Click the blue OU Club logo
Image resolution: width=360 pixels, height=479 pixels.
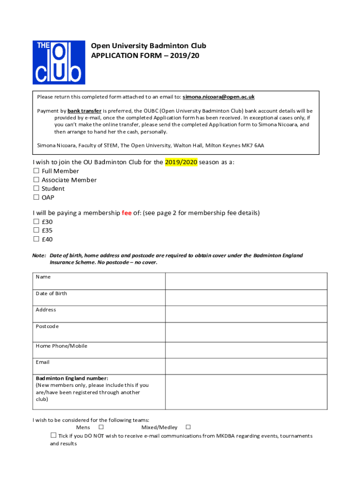(58, 62)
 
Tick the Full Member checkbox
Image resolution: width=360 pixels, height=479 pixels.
(36, 171)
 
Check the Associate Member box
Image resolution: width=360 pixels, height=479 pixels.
(36, 180)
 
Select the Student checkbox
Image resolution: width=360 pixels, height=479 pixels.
(36, 189)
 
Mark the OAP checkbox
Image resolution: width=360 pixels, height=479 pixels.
(36, 197)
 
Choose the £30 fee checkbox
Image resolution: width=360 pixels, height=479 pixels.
(36, 222)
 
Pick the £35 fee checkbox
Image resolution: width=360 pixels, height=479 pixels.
(36, 230)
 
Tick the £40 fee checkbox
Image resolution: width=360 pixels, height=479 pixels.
(36, 239)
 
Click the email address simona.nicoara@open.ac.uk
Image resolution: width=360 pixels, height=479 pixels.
(218, 97)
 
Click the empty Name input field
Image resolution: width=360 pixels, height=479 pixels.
(246, 281)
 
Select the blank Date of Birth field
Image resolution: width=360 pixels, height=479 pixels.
(246, 298)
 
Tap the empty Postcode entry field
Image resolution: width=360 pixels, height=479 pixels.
(246, 332)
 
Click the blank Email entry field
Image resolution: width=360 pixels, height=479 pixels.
(246, 366)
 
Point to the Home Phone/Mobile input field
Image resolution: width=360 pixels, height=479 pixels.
(246, 350)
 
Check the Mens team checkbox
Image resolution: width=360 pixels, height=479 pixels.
(101, 427)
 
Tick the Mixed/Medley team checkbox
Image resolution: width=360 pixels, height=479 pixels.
(188, 427)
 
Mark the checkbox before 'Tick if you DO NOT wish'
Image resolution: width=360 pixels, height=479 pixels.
(53, 435)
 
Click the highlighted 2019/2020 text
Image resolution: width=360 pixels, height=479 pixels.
(181, 162)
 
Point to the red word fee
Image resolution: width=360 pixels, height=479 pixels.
(127, 213)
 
